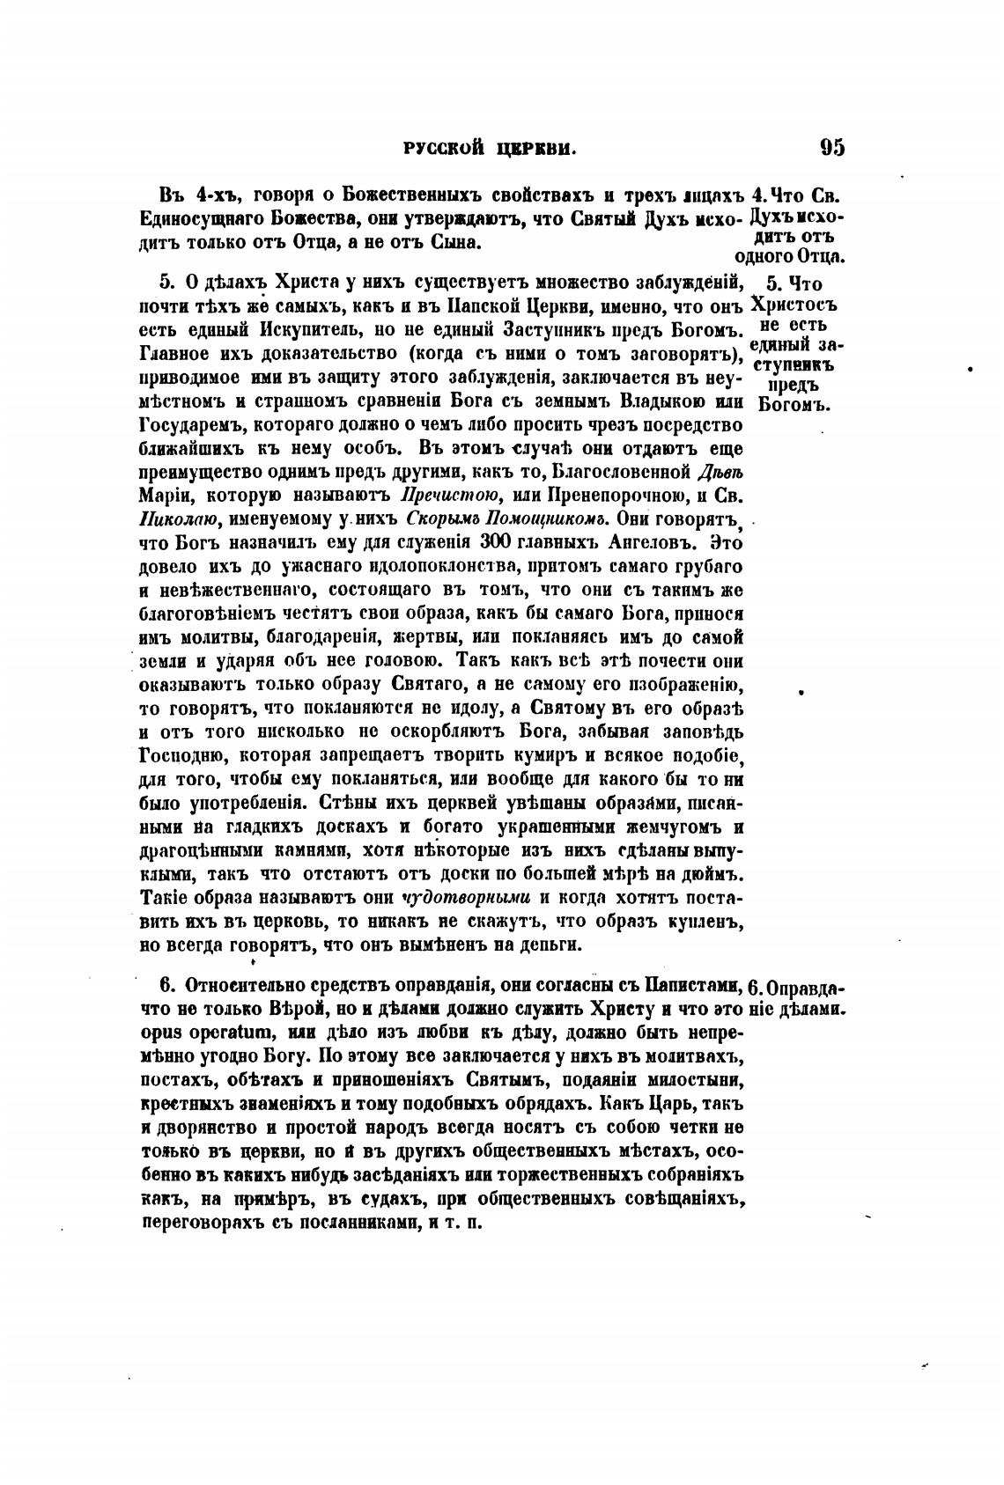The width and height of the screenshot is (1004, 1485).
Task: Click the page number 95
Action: click(831, 147)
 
